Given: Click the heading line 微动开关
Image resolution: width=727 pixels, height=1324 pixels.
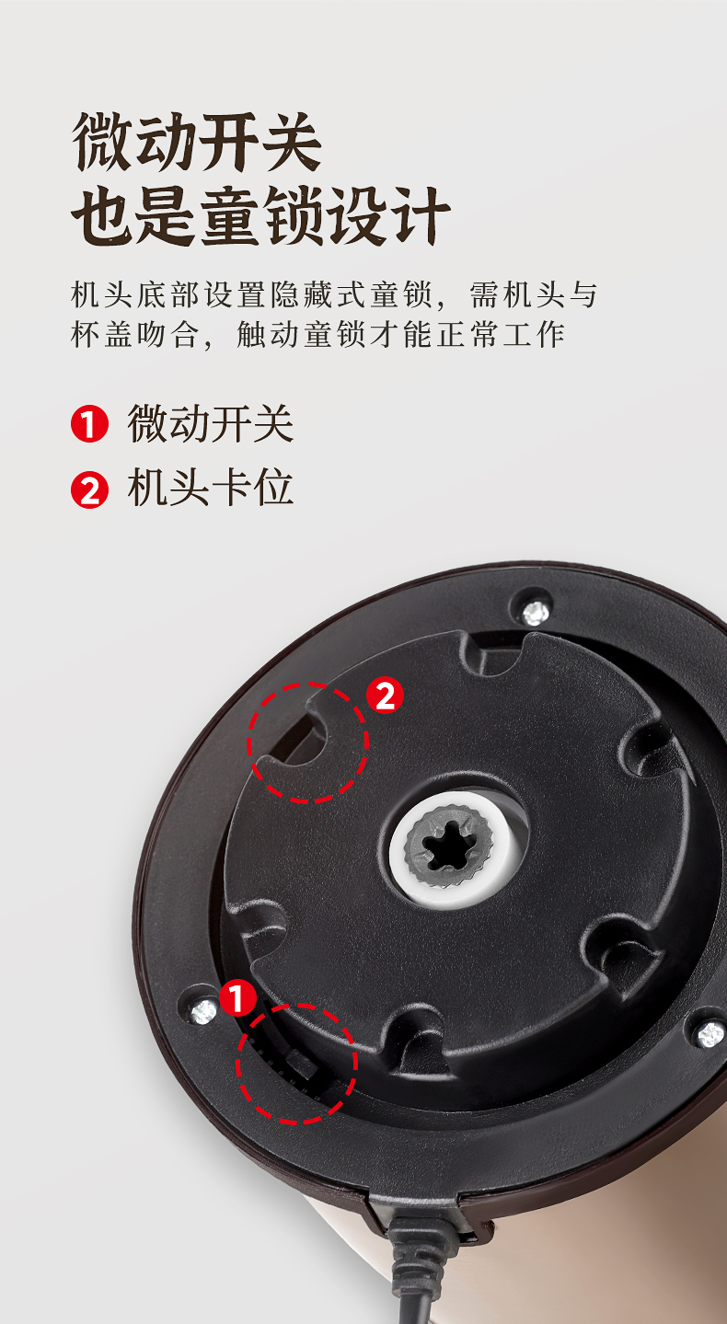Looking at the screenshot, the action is (197, 142).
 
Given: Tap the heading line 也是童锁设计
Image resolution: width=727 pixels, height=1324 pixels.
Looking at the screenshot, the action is (260, 215).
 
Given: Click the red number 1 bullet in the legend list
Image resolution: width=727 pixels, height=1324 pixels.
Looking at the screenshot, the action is (89, 423).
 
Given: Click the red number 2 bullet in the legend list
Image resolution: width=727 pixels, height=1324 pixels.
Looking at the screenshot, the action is (89, 489).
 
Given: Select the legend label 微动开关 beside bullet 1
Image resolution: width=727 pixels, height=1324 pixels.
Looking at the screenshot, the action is (211, 423).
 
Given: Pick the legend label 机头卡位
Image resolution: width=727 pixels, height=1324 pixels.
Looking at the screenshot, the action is (211, 489).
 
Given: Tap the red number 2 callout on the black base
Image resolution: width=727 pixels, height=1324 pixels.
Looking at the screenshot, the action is (385, 695).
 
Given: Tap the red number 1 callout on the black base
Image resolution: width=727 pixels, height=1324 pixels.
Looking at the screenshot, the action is (237, 997).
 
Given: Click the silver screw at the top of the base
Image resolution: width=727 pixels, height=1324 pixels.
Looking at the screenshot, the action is (537, 613).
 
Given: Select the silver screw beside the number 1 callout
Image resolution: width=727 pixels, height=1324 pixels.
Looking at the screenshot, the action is (204, 1011).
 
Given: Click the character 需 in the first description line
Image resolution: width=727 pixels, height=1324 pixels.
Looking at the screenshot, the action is (484, 294).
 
